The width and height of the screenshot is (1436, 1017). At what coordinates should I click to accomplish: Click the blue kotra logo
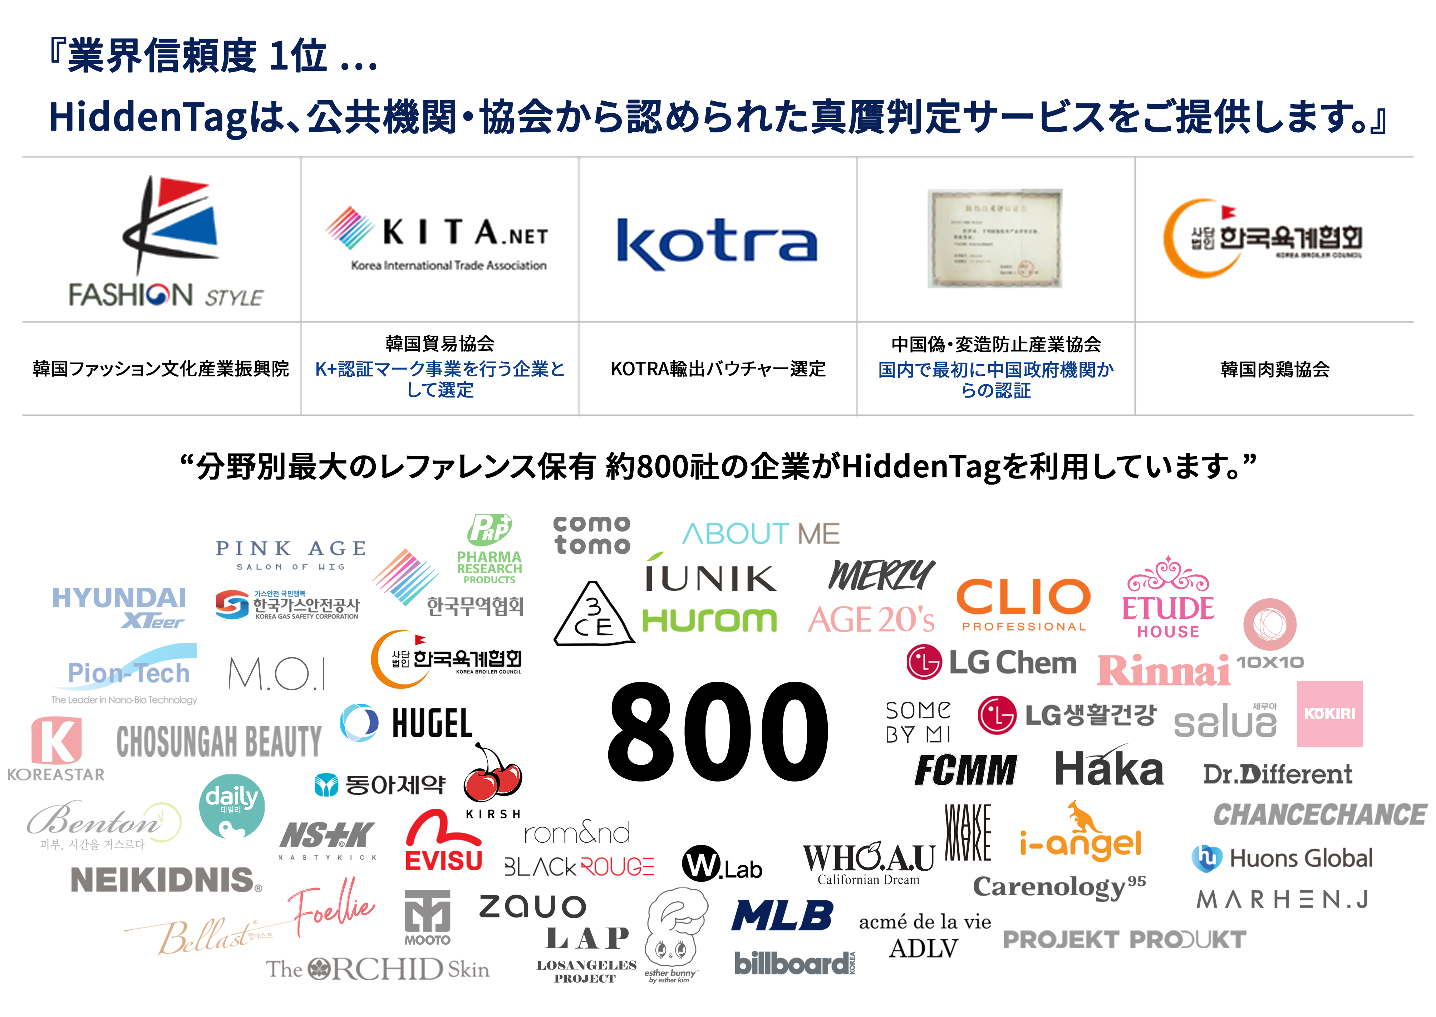coord(717,244)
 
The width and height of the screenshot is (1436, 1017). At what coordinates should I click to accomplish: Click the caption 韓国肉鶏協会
coord(1275,369)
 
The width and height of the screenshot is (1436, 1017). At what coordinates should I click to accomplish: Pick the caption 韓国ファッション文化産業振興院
coord(161,369)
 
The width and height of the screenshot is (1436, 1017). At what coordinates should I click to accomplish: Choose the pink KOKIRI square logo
coord(1330,714)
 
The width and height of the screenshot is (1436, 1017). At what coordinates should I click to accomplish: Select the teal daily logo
coord(231,806)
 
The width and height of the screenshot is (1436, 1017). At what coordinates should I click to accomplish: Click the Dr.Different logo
coord(1278,775)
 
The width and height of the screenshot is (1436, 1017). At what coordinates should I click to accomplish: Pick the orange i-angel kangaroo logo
coord(1081,832)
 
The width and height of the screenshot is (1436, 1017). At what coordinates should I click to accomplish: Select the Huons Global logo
coord(1282,858)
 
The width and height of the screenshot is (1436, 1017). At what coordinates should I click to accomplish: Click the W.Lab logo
coord(722,864)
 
